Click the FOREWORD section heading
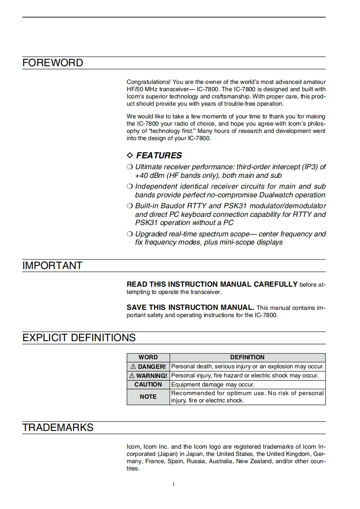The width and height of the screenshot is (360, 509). point(53,63)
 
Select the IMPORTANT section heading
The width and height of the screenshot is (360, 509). point(52,266)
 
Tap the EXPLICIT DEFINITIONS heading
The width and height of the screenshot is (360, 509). point(79,338)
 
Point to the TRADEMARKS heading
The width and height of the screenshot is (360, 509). point(58,428)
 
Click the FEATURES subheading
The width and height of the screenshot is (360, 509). point(159,156)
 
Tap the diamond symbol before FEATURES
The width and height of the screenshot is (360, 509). point(130,156)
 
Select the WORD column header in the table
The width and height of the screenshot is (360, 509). point(148,357)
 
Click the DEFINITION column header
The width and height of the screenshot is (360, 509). point(247,357)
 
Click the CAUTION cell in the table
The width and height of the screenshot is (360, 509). point(148,385)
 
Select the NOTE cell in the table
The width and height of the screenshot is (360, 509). point(148,396)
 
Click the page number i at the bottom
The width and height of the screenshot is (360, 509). point(173,484)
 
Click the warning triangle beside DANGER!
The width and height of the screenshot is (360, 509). point(133,367)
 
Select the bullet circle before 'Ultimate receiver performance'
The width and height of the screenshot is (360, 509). point(130,167)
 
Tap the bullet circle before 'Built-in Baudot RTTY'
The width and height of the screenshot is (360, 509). point(130,206)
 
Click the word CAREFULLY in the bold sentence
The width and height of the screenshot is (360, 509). point(275,284)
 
